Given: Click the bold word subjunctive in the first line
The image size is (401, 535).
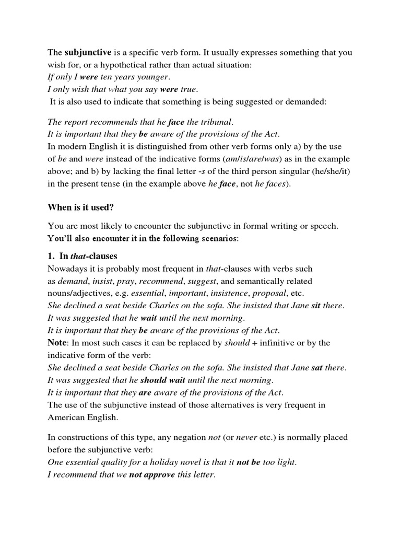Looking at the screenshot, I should click(88, 52).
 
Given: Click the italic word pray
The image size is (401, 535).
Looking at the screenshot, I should click(125, 281).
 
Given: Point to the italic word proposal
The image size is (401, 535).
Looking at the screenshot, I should click(269, 293).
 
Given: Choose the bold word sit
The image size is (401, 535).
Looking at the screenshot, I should click(315, 306).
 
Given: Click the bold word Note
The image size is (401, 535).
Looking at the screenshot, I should click(57, 342).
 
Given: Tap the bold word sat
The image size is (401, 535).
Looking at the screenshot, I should click(316, 367).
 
